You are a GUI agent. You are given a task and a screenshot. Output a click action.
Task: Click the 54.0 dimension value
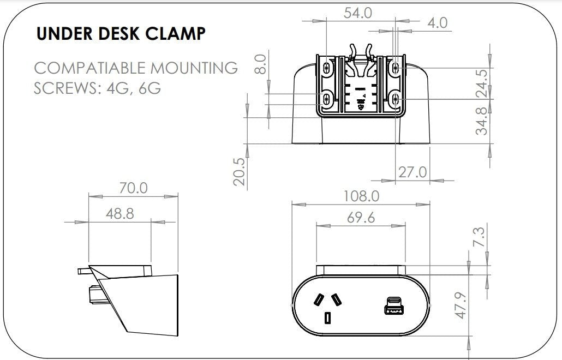(357, 13)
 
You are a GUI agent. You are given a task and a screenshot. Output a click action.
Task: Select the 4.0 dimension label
(437, 22)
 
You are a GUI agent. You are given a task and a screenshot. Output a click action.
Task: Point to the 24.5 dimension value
(481, 82)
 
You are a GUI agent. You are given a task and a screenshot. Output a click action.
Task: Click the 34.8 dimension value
(481, 121)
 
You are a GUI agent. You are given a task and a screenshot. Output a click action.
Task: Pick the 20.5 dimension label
(239, 171)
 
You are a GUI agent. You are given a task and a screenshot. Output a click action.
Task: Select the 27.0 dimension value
(412, 172)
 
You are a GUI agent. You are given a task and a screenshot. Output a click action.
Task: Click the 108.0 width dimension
(361, 195)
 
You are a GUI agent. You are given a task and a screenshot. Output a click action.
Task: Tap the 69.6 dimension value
(361, 218)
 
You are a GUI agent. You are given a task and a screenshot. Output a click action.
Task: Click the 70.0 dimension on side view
(133, 188)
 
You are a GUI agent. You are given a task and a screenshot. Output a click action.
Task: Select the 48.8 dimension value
(119, 213)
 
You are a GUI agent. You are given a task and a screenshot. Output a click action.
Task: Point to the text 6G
(150, 88)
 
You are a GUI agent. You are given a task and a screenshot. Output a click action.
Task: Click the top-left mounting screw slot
(327, 68)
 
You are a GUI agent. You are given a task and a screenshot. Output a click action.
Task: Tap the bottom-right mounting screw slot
(396, 99)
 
